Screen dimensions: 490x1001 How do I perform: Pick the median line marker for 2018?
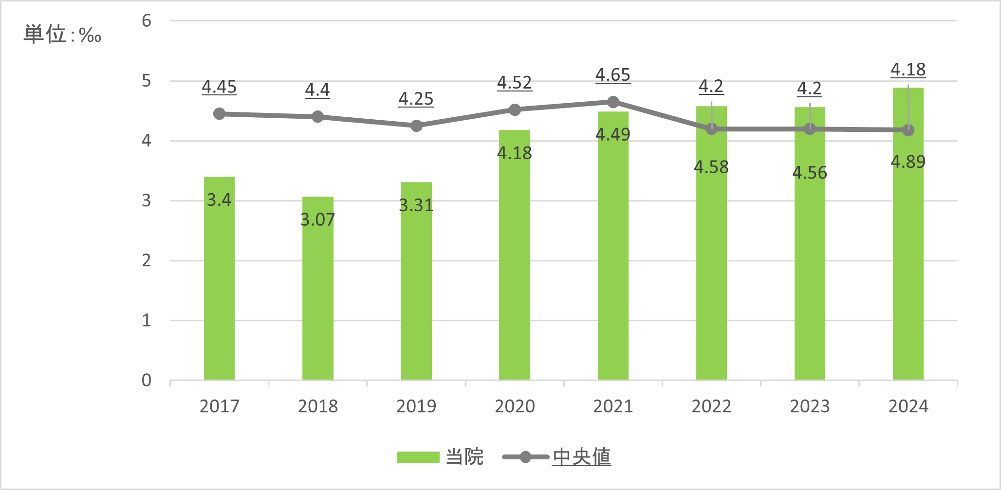coord(317,117)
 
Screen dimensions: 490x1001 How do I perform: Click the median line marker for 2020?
coord(515,110)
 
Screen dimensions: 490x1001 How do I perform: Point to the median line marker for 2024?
coord(908,130)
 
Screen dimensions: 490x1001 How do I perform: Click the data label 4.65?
coord(613,75)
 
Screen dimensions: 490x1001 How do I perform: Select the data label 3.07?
coord(317,220)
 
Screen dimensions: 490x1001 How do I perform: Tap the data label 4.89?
coord(908,162)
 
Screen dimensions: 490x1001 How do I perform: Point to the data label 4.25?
coord(416,99)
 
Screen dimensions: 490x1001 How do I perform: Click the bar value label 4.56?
coord(810,173)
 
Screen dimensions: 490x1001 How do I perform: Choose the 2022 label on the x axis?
coord(711,406)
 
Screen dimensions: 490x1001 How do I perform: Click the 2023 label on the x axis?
coord(810,406)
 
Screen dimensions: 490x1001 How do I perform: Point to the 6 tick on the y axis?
coord(147,21)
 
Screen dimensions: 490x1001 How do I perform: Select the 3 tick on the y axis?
coord(147,200)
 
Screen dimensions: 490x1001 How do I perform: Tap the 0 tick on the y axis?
coord(147,380)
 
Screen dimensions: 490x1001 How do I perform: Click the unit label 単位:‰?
coord(62,35)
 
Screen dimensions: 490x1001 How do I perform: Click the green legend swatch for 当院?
coord(418,457)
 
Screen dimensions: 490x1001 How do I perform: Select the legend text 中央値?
coord(581,457)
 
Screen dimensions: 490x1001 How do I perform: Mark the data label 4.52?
coord(515,83)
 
